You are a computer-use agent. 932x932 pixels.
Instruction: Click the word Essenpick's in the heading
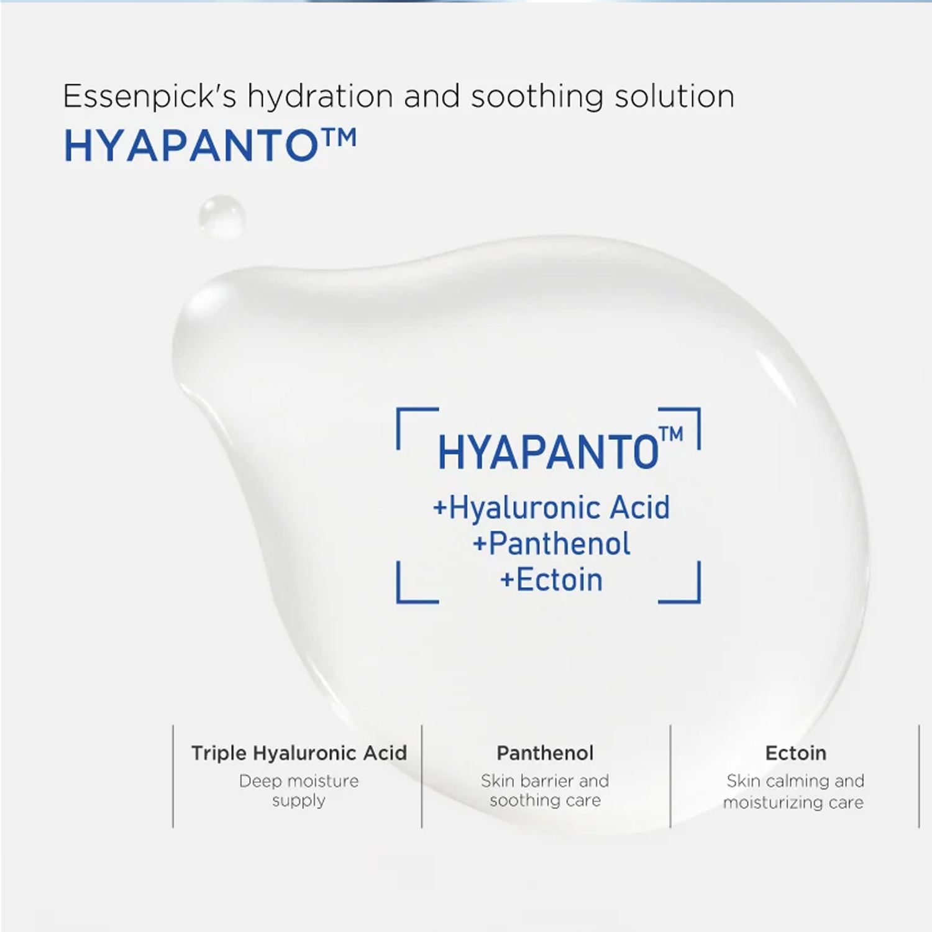click(x=150, y=97)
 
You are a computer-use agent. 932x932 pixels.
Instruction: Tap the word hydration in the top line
click(x=321, y=97)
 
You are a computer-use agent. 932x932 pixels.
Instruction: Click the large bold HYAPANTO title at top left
click(x=210, y=146)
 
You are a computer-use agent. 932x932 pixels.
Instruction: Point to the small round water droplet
click(x=222, y=217)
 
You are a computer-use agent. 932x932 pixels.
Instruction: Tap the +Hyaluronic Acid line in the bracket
click(x=552, y=508)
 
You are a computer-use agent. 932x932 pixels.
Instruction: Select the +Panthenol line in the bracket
click(x=552, y=544)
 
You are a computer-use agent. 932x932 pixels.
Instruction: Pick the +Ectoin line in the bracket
click(x=552, y=580)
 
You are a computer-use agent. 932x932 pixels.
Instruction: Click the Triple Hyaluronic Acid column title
click(x=299, y=753)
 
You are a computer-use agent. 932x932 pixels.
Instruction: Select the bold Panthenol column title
click(x=545, y=753)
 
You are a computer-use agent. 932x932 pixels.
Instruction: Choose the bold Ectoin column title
click(x=796, y=753)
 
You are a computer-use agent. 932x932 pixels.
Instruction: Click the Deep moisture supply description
click(x=299, y=790)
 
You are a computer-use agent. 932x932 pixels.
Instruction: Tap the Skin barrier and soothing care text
click(x=545, y=790)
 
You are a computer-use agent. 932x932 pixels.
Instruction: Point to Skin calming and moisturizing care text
click(x=793, y=791)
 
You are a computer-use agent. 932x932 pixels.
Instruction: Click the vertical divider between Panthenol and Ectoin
click(x=670, y=776)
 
